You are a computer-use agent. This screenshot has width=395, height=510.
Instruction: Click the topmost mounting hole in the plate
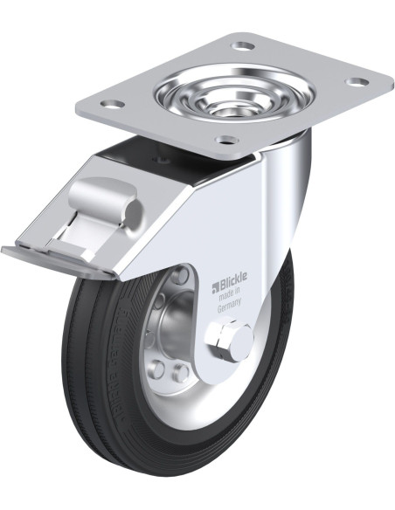tap(244, 45)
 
